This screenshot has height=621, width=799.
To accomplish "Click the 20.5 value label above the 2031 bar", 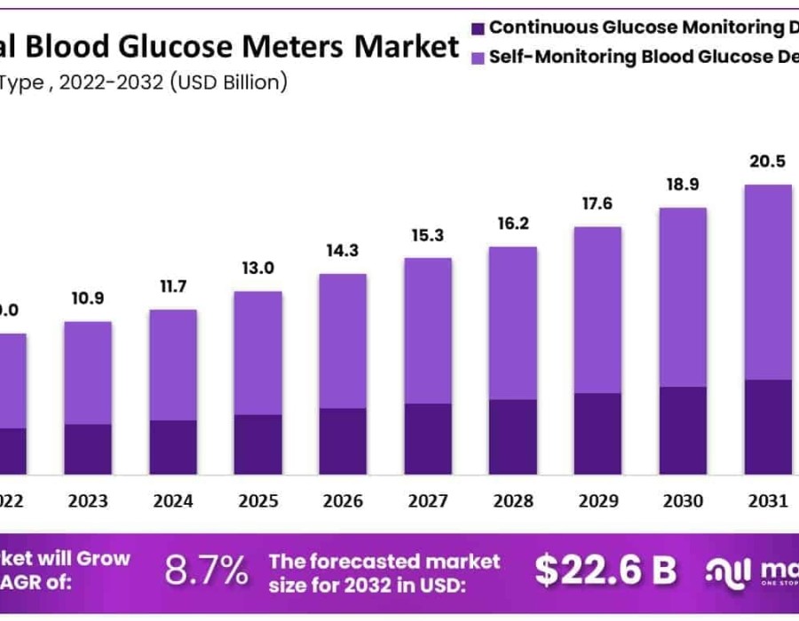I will [x=768, y=161].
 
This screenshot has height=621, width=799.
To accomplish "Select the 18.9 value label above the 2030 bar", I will [x=683, y=184].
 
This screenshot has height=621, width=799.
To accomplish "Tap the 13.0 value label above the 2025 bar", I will [x=258, y=269].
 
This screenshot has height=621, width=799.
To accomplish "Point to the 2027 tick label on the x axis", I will [x=428, y=501].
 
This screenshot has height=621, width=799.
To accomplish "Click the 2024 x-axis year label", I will [x=173, y=501].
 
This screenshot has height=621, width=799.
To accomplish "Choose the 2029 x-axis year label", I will [x=598, y=501].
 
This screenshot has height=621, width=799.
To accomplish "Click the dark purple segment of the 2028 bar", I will [x=513, y=436].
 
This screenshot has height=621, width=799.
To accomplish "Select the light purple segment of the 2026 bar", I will [x=343, y=341].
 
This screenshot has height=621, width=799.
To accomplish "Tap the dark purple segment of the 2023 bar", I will [x=88, y=449].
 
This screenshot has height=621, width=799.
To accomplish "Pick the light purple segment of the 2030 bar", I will [x=683, y=297].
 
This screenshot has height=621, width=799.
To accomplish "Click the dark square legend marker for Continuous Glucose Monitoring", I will [x=479, y=28].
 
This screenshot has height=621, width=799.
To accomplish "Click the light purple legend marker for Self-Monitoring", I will [x=479, y=58].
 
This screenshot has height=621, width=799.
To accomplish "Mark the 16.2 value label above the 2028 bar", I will [x=513, y=223].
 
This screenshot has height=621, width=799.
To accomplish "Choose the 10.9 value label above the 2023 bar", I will [x=88, y=297].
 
